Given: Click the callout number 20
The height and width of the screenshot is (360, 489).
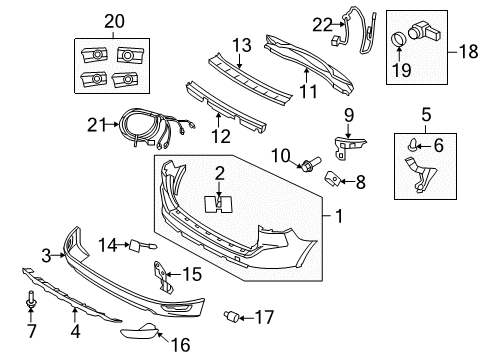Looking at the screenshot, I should (115, 20).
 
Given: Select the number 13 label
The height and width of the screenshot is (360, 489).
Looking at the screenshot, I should (240, 44).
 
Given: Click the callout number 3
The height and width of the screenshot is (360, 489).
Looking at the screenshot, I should (45, 257).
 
